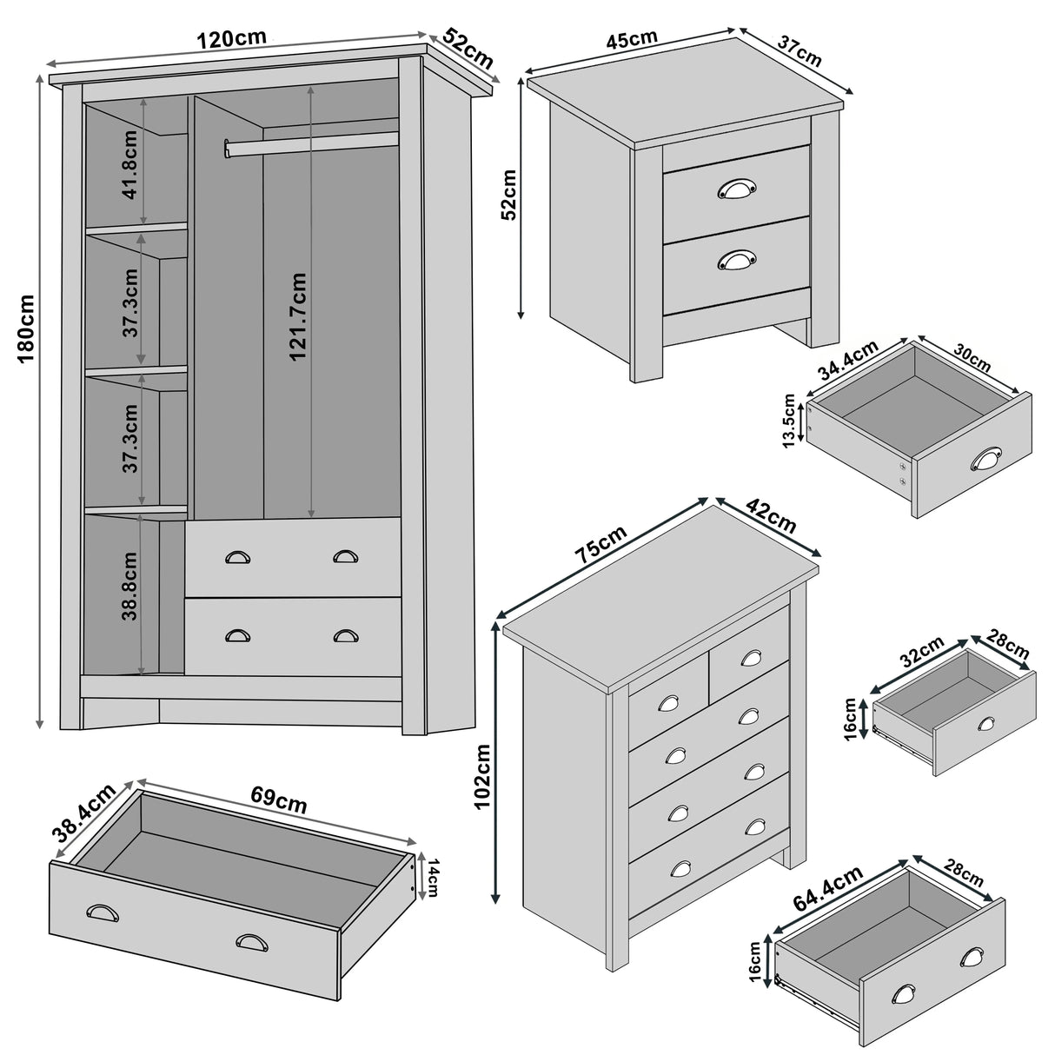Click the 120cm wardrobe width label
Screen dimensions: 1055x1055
tap(232, 40)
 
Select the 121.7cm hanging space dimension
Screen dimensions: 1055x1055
tap(298, 318)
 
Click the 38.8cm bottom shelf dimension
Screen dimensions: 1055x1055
tap(129, 586)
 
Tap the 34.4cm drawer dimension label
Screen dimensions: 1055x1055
tap(848, 362)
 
